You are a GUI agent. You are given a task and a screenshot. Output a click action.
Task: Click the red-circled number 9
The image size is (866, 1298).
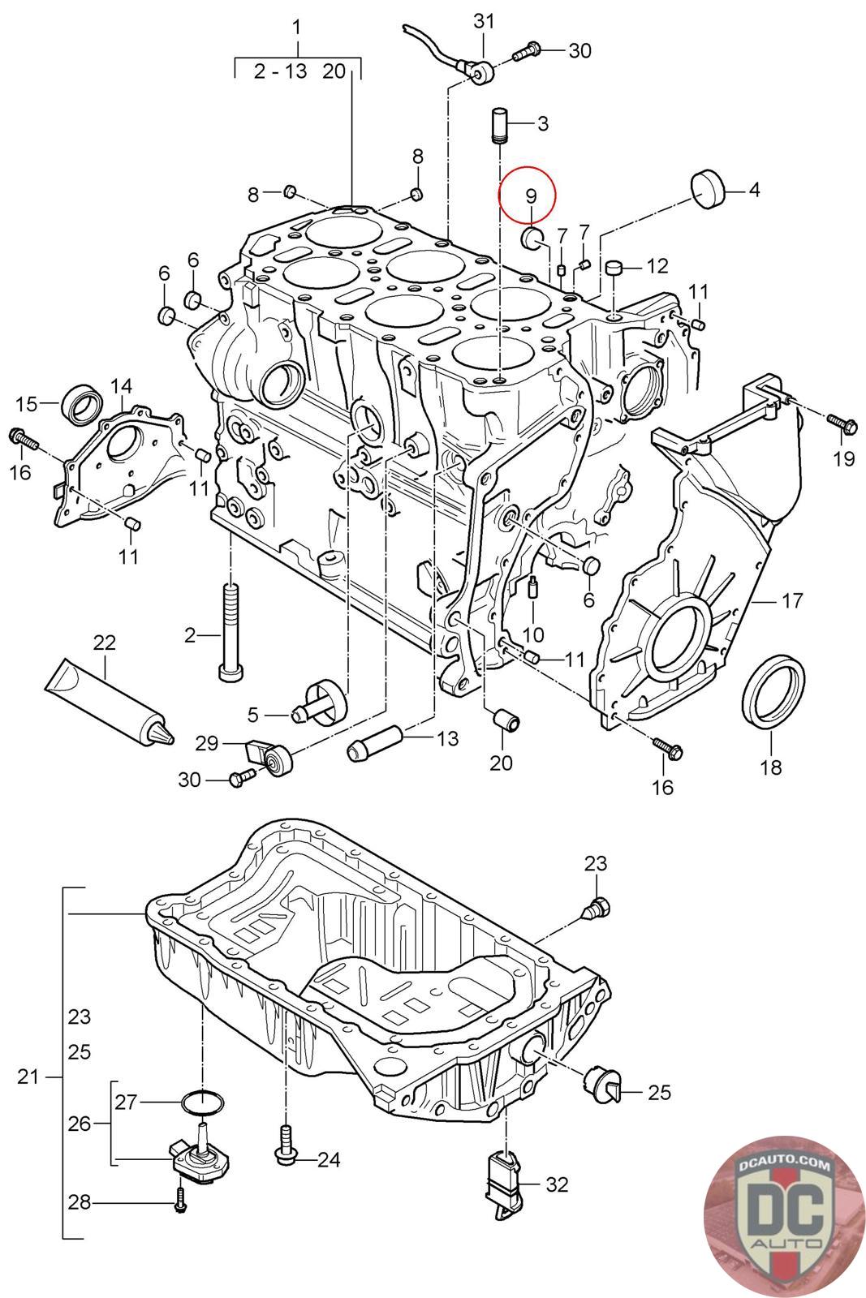pos(531,195)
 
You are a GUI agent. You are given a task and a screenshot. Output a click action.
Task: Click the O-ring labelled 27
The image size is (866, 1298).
pos(201,1102)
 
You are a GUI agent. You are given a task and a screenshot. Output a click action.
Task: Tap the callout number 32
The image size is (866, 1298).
pos(557,1185)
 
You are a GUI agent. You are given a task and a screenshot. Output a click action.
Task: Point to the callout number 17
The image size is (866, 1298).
pos(792,600)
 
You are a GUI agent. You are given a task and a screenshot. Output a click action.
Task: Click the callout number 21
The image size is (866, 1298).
pos(28,1077)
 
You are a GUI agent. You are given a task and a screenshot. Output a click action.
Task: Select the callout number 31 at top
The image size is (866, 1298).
pos(484,20)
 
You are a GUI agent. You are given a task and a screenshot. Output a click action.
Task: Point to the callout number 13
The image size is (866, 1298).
pos(447,738)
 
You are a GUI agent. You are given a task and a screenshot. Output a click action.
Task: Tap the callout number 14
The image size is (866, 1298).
pos(121,385)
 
